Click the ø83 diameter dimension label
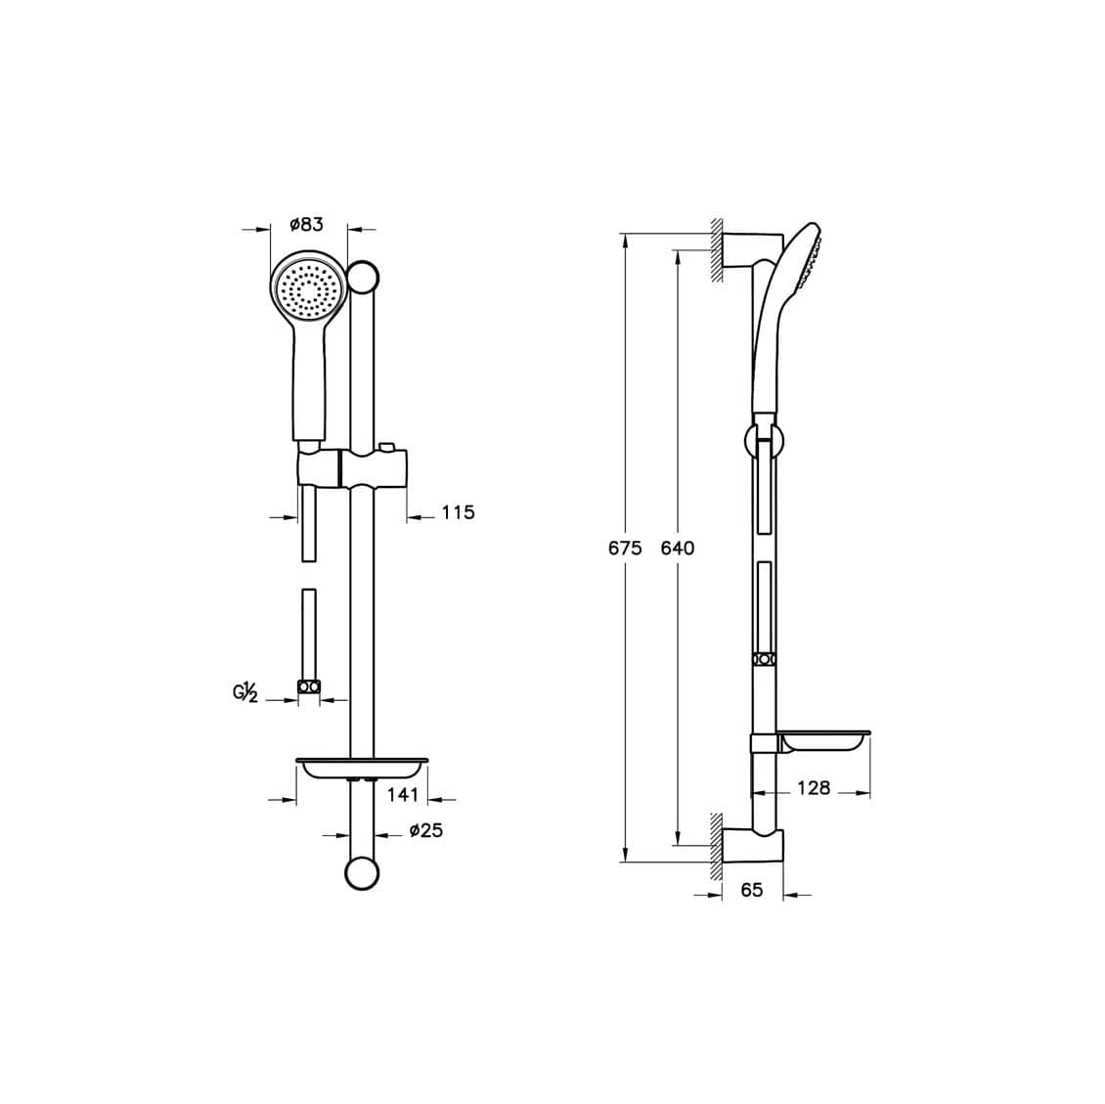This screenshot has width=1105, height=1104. click(306, 225)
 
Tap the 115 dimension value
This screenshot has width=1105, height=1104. click(458, 512)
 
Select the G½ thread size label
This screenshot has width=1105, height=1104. click(244, 694)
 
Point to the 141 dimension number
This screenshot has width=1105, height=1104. click(403, 795)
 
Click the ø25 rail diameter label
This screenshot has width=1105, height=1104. click(425, 830)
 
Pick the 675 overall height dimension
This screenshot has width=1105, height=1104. click(625, 548)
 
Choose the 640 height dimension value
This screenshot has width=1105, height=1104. click(677, 548)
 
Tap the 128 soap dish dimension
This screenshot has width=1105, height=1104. click(813, 787)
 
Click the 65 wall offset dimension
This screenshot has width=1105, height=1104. click(752, 890)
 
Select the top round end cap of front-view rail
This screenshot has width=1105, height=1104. click(363, 277)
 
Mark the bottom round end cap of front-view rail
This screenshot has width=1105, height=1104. click(363, 873)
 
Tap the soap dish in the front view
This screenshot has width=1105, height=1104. click(363, 768)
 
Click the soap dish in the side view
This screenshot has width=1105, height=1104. click(824, 741)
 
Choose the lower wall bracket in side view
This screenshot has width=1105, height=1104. click(753, 847)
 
